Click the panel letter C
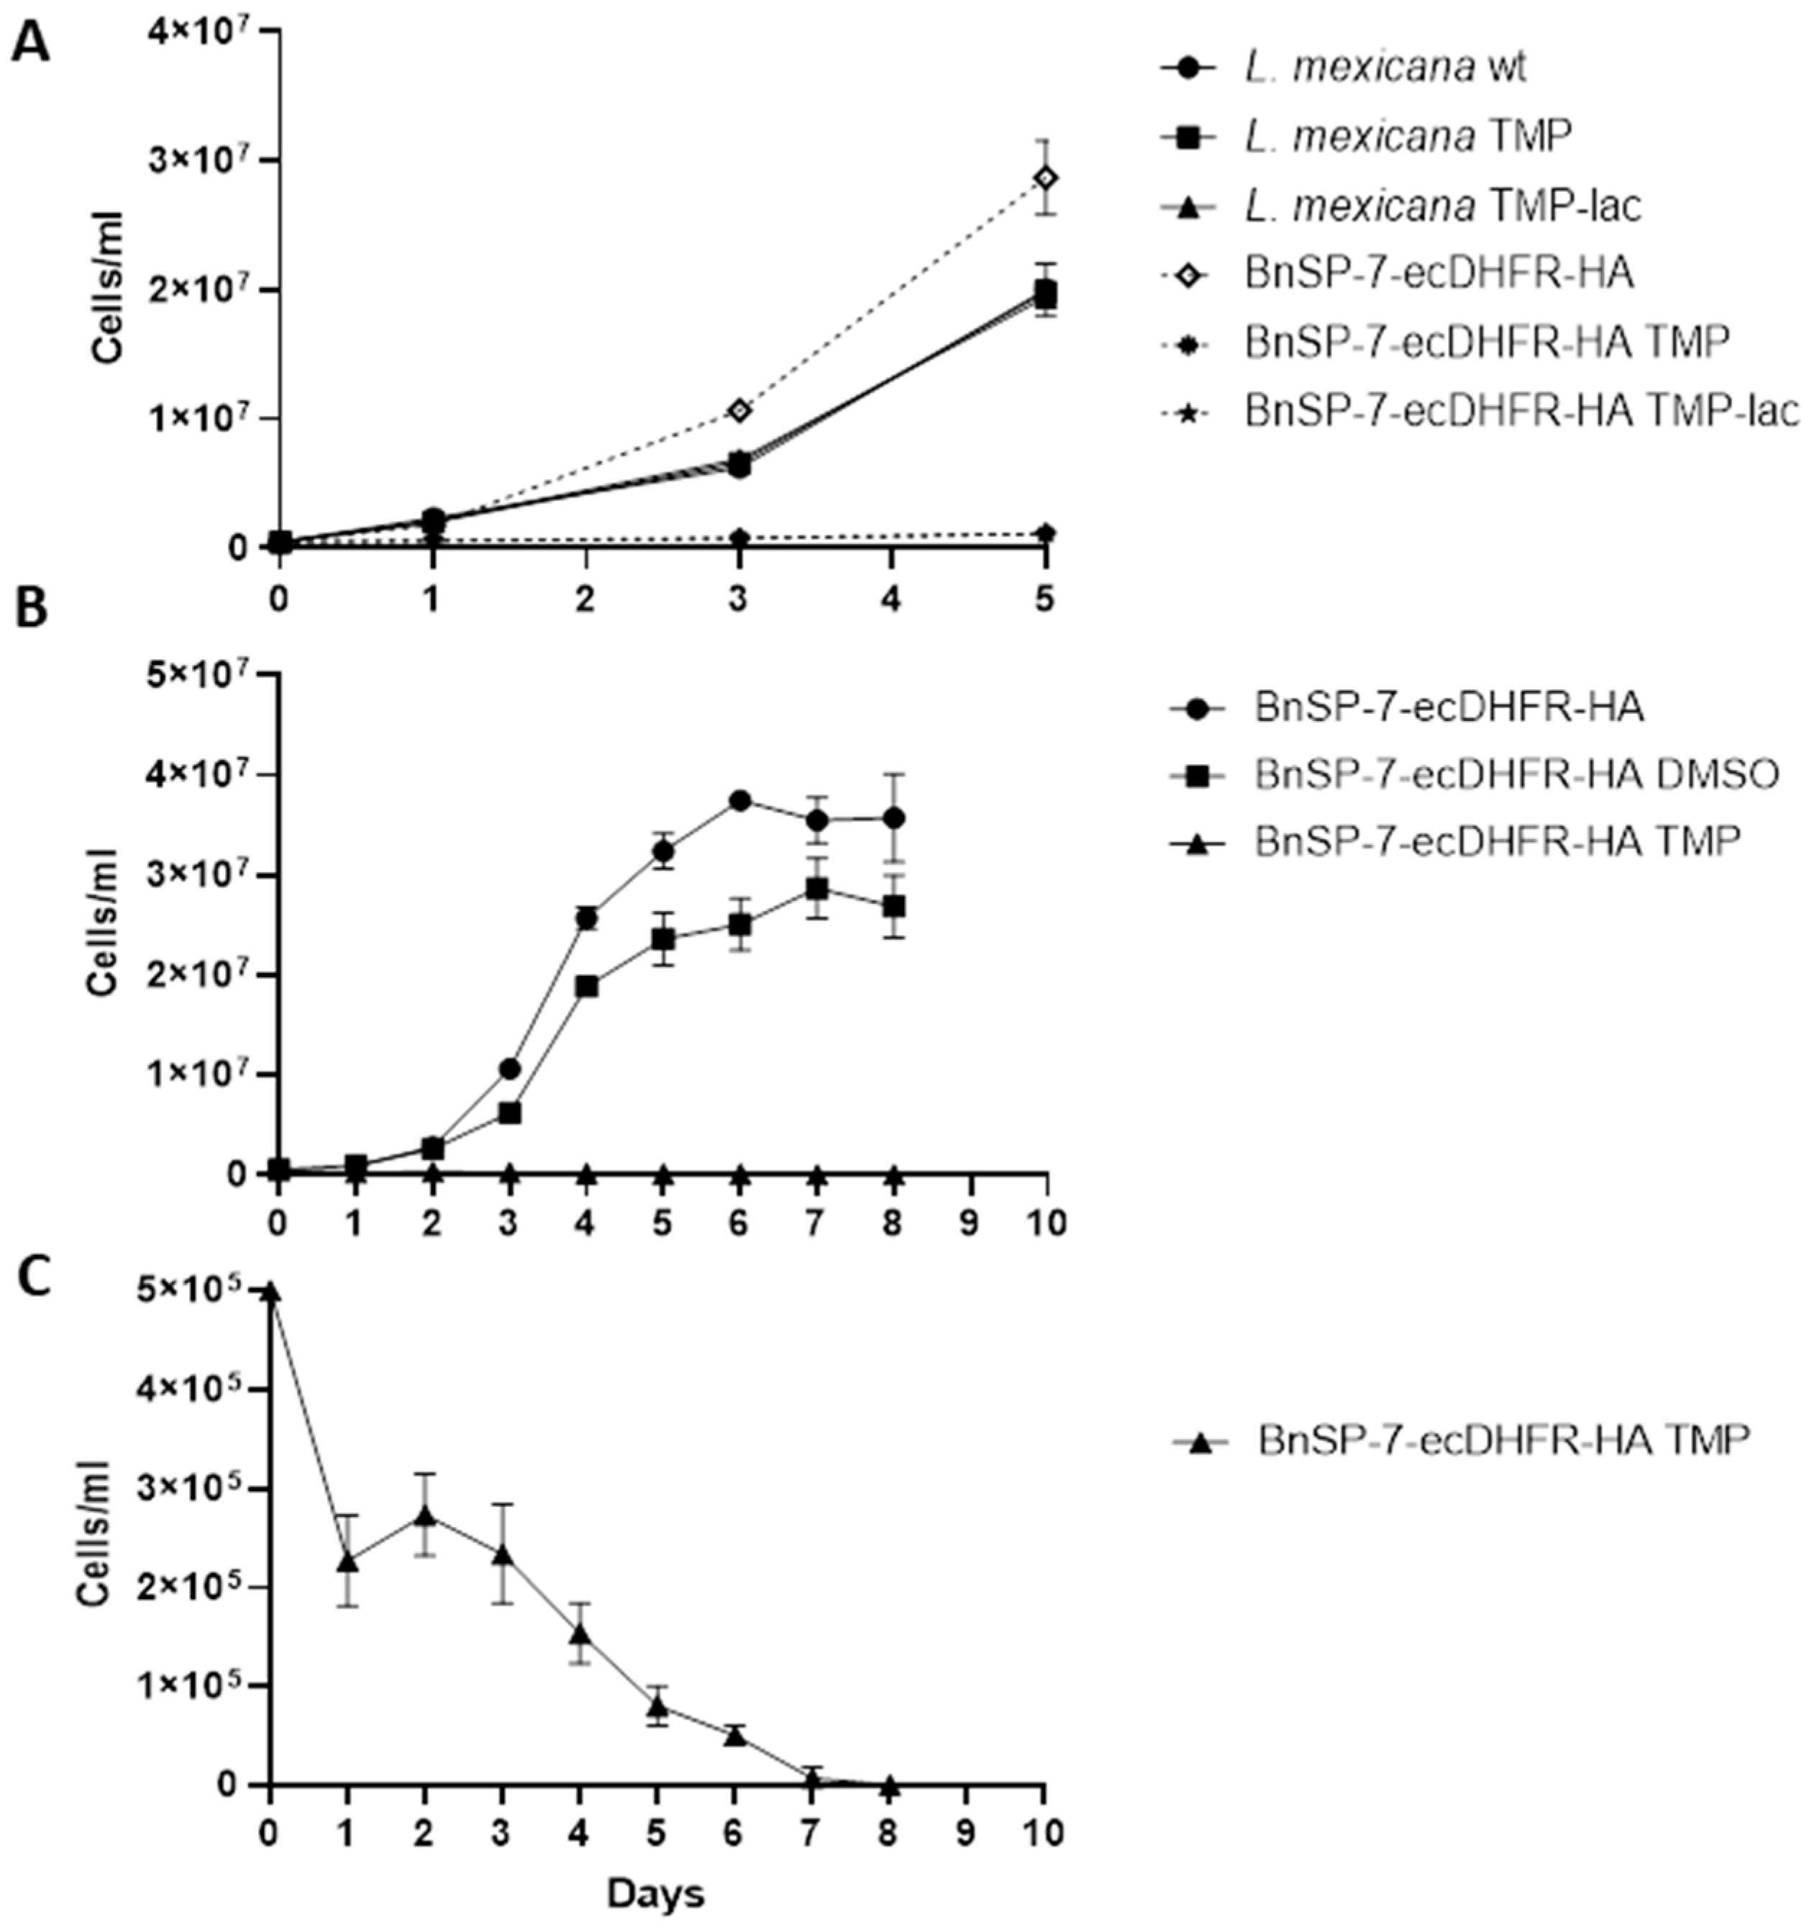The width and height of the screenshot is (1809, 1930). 33,1279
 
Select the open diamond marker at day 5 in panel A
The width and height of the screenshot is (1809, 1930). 1045,178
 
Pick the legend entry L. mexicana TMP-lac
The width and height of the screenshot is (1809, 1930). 1442,206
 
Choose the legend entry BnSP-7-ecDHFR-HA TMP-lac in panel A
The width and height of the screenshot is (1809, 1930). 1520,412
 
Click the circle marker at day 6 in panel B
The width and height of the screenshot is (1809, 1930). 739,801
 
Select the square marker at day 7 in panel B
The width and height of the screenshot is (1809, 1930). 817,889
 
